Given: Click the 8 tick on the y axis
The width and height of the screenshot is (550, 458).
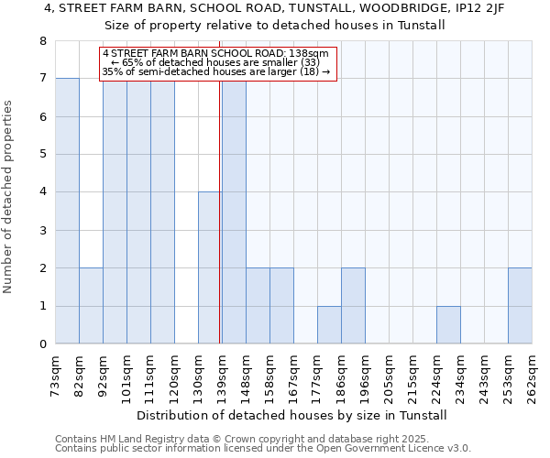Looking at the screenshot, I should (x=42, y=41).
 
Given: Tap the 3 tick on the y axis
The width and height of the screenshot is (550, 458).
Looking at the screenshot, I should (x=42, y=230).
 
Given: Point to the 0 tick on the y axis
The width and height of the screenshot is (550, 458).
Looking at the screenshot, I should (x=42, y=344).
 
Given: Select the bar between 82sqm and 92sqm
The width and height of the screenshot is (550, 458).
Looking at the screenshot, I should (x=91, y=306).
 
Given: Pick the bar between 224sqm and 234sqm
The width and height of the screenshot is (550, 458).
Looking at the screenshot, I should (x=448, y=325).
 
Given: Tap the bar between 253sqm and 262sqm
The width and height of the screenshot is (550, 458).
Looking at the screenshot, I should (x=520, y=306).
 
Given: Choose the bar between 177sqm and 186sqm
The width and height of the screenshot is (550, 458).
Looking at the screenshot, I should (x=329, y=325).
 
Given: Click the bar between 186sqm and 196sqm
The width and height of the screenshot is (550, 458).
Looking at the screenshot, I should (x=353, y=306).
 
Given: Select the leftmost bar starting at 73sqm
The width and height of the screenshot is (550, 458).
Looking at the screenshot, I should (x=67, y=211).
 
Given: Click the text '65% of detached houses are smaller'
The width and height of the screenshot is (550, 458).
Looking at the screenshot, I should (x=220, y=62).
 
